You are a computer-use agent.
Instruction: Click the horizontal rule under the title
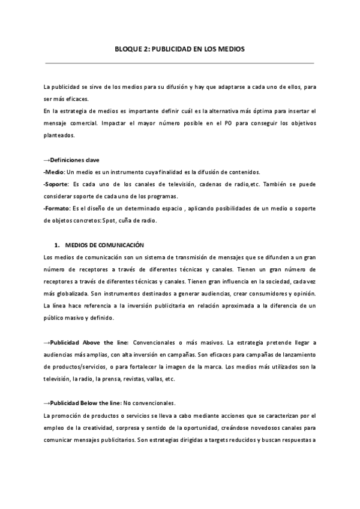click(x=180, y=62)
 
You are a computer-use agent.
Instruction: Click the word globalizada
click(x=67, y=294)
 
